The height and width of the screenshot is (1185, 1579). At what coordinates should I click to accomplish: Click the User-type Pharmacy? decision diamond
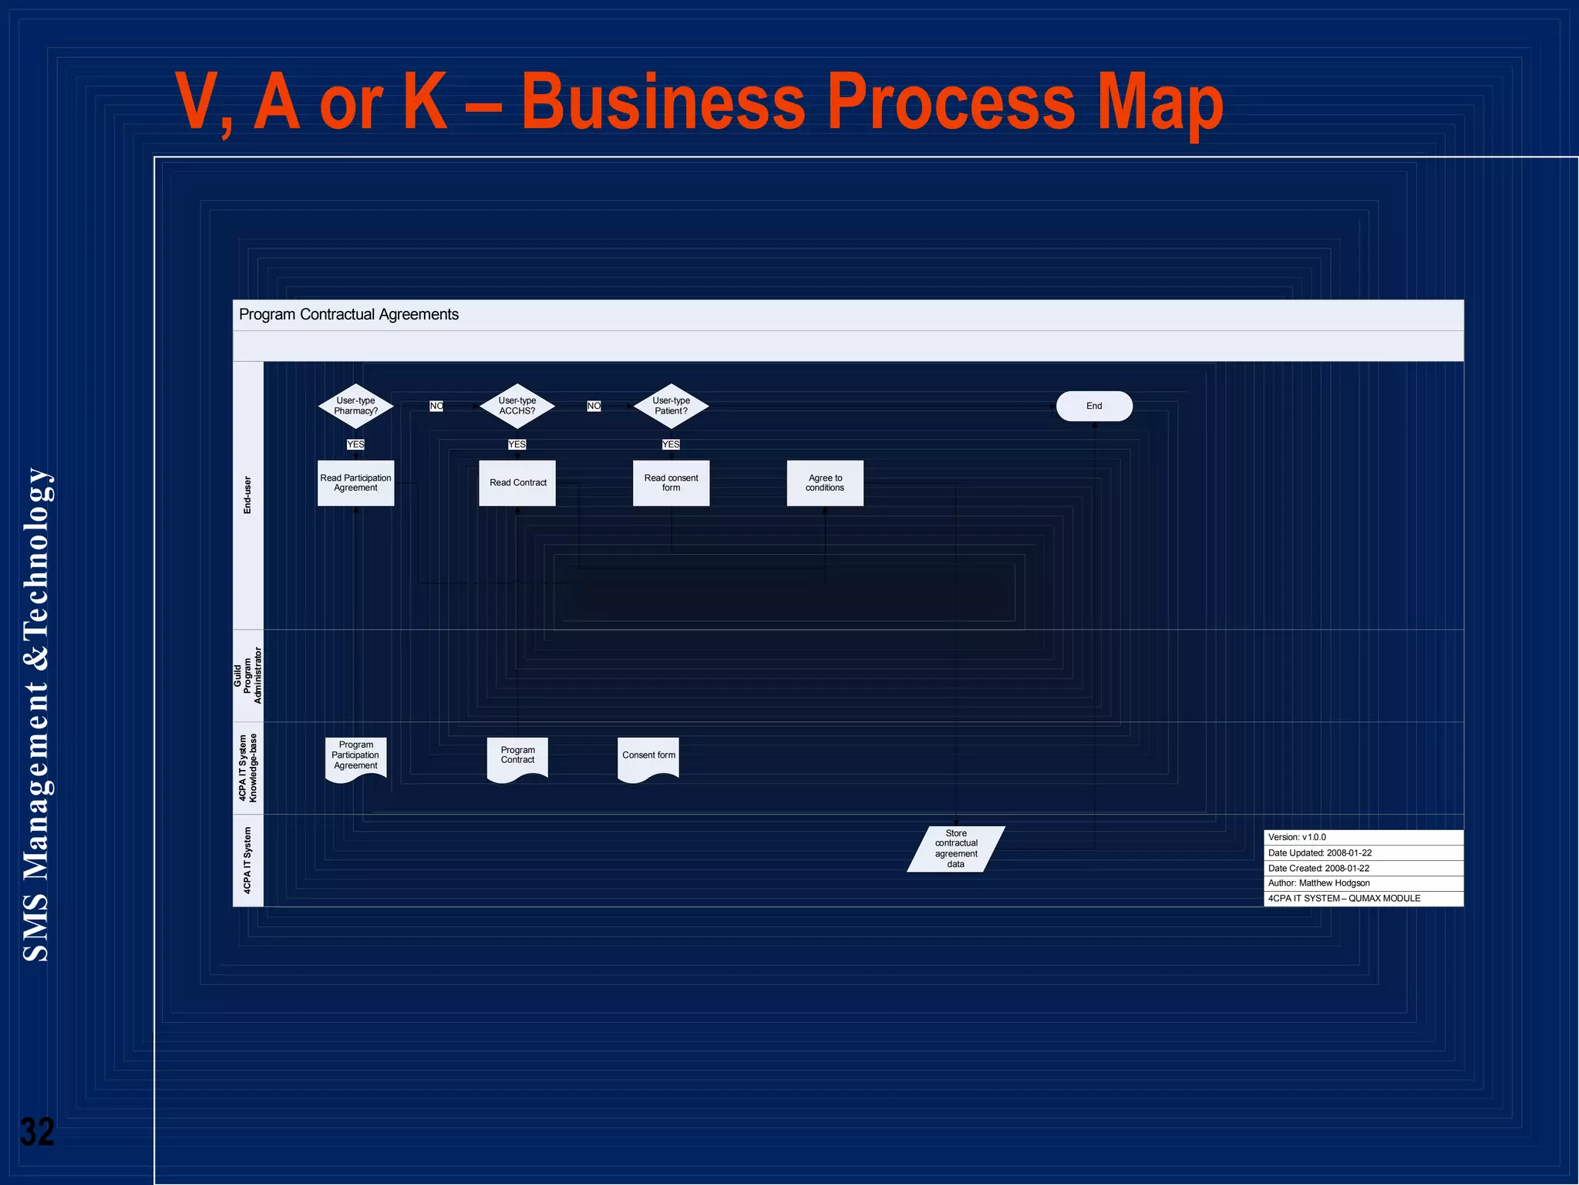pos(355,406)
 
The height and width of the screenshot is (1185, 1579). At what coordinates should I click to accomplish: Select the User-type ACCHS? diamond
pos(517,406)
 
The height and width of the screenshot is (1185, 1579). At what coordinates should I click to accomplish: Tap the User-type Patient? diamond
pos(671,406)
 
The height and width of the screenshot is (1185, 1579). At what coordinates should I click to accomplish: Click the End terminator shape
pos(1094,406)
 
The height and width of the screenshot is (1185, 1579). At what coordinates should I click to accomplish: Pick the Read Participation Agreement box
pos(355,483)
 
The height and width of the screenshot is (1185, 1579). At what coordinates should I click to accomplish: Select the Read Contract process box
pos(517,483)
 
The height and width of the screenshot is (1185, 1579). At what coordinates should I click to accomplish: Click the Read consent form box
pos(671,483)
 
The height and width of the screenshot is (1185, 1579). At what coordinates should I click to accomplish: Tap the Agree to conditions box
pos(825,483)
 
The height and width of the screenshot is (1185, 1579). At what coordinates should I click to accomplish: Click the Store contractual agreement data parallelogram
pos(956,849)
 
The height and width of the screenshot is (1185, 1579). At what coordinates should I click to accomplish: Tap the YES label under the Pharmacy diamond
pos(355,444)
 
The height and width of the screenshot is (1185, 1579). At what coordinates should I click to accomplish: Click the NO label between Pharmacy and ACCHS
pos(436,406)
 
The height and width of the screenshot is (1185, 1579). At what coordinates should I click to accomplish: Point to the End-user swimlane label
pos(247,495)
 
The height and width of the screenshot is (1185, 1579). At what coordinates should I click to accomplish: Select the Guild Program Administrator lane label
pos(247,676)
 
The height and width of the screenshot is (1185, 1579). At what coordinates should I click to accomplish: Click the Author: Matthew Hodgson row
pos(1363,883)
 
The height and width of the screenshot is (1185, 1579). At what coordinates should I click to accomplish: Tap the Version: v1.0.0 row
pos(1363,837)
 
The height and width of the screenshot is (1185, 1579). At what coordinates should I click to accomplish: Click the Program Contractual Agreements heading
pos(348,315)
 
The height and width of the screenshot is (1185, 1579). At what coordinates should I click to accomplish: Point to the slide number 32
pos(37,1133)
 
